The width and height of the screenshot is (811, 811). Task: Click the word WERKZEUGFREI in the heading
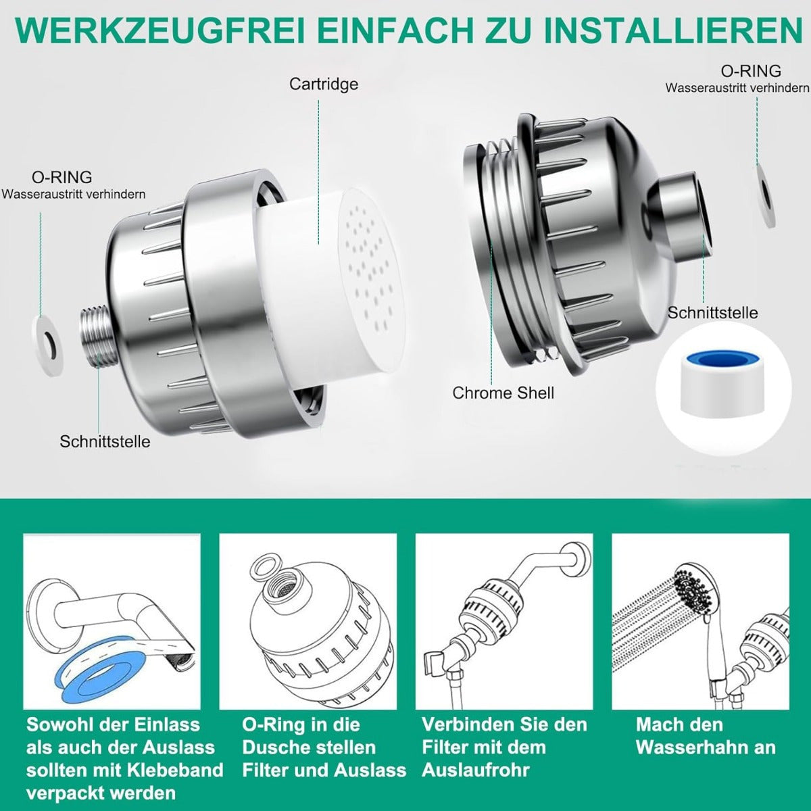point(160,30)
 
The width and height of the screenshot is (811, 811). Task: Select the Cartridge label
point(323,84)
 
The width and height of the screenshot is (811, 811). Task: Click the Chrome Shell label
point(503,393)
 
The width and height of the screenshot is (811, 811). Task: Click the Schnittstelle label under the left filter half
point(105,441)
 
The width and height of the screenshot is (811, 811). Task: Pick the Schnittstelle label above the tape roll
point(712,313)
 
